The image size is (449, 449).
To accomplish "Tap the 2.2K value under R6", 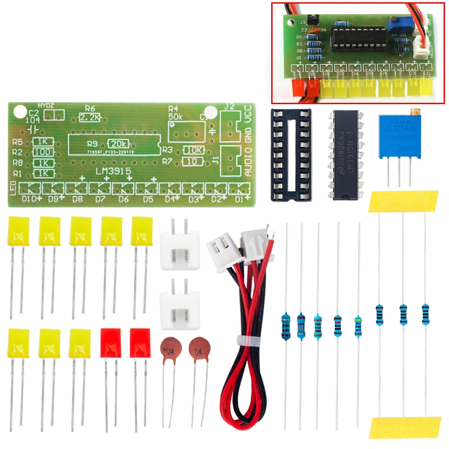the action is tap(90, 118).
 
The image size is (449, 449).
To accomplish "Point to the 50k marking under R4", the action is tap(176, 117).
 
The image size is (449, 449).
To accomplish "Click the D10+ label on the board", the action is tap(32, 198).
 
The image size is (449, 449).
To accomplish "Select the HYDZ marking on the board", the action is tap(46, 106).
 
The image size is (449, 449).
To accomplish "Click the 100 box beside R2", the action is tap(44, 152).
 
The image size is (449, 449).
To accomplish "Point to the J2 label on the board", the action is tap(229, 107).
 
